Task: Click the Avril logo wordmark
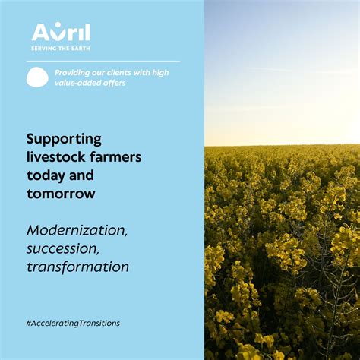point(61,32)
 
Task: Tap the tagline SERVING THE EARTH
point(61,48)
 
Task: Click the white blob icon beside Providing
point(37,77)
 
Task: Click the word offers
point(114,83)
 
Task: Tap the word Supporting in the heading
point(64,139)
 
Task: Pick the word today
point(46,175)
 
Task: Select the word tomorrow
point(61,194)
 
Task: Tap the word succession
point(62,248)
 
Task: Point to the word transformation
point(77,267)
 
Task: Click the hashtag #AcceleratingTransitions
point(73,323)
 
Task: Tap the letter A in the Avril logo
point(40,32)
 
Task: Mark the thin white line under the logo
point(103,61)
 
